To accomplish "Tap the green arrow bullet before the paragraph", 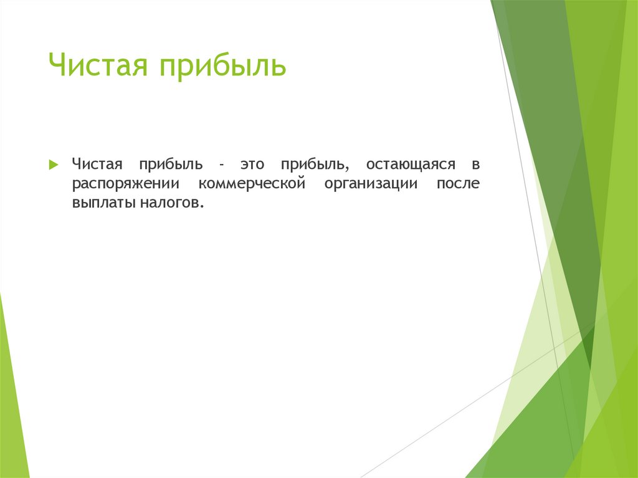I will [53, 165].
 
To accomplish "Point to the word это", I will [251, 165].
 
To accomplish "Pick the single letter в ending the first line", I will [475, 165].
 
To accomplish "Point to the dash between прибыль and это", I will [221, 166].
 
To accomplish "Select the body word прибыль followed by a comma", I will [312, 166].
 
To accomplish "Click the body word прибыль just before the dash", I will [171, 166].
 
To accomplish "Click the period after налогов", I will [202, 208].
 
